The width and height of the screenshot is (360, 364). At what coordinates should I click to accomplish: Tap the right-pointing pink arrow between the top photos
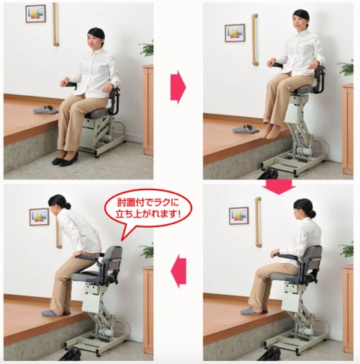click(178, 87)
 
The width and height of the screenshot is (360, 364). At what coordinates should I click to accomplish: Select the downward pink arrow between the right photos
click(279, 187)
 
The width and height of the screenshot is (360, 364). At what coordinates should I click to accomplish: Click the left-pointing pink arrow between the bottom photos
click(179, 271)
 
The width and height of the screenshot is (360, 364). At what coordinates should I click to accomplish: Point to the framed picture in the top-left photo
click(36, 14)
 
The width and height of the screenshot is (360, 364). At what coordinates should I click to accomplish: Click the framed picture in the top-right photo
click(235, 33)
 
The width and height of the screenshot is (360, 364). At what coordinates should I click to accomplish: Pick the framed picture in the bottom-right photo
click(239, 216)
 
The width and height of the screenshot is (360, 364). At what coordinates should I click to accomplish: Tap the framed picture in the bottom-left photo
click(40, 217)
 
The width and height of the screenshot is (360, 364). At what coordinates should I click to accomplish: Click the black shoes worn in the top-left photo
click(66, 159)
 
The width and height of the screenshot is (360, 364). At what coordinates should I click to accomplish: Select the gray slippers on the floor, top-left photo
click(46, 110)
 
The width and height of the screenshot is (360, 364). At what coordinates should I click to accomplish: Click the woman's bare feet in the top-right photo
click(271, 131)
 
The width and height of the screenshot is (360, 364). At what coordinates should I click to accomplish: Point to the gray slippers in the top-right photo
click(246, 129)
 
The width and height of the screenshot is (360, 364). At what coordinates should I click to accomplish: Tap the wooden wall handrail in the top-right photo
click(255, 40)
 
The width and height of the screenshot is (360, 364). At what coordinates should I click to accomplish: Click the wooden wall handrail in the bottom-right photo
click(258, 222)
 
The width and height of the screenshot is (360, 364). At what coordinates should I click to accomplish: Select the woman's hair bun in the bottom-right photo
click(312, 213)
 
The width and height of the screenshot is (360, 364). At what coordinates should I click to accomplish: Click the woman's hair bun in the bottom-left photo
click(67, 205)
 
